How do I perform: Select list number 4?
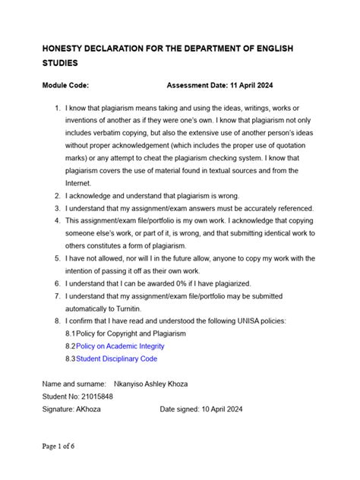57,220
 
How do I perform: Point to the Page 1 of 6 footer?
58,447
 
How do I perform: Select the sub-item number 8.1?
70,333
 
